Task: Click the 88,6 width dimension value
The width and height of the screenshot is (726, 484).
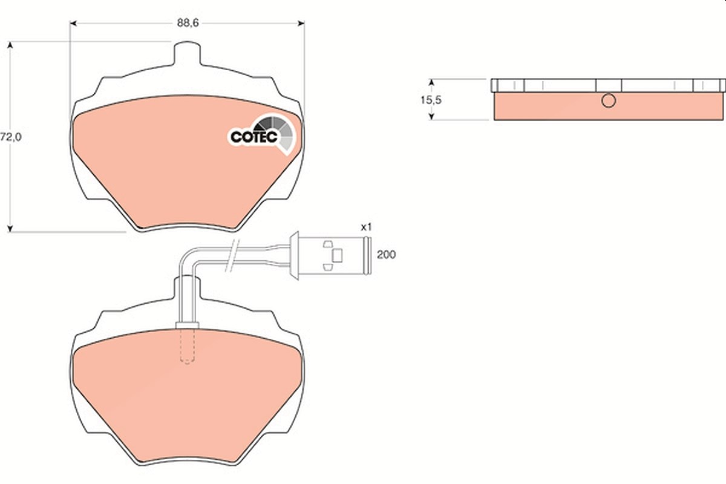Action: pos(188,24)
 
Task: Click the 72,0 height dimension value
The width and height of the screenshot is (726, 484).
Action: pos(11,137)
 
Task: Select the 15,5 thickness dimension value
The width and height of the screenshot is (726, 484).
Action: pos(431,100)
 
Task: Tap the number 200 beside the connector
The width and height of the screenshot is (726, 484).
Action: pos(386,255)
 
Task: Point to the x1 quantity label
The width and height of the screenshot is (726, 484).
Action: pos(367,227)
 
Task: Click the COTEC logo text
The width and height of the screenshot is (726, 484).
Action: pos(253,137)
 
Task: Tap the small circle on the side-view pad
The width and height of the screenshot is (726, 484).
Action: pos(609,100)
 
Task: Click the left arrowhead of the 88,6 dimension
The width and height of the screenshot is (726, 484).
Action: pos(73,24)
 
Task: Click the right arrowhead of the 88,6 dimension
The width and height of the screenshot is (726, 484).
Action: pos(301,24)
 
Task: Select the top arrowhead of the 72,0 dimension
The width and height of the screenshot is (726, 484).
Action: pos(10,45)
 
